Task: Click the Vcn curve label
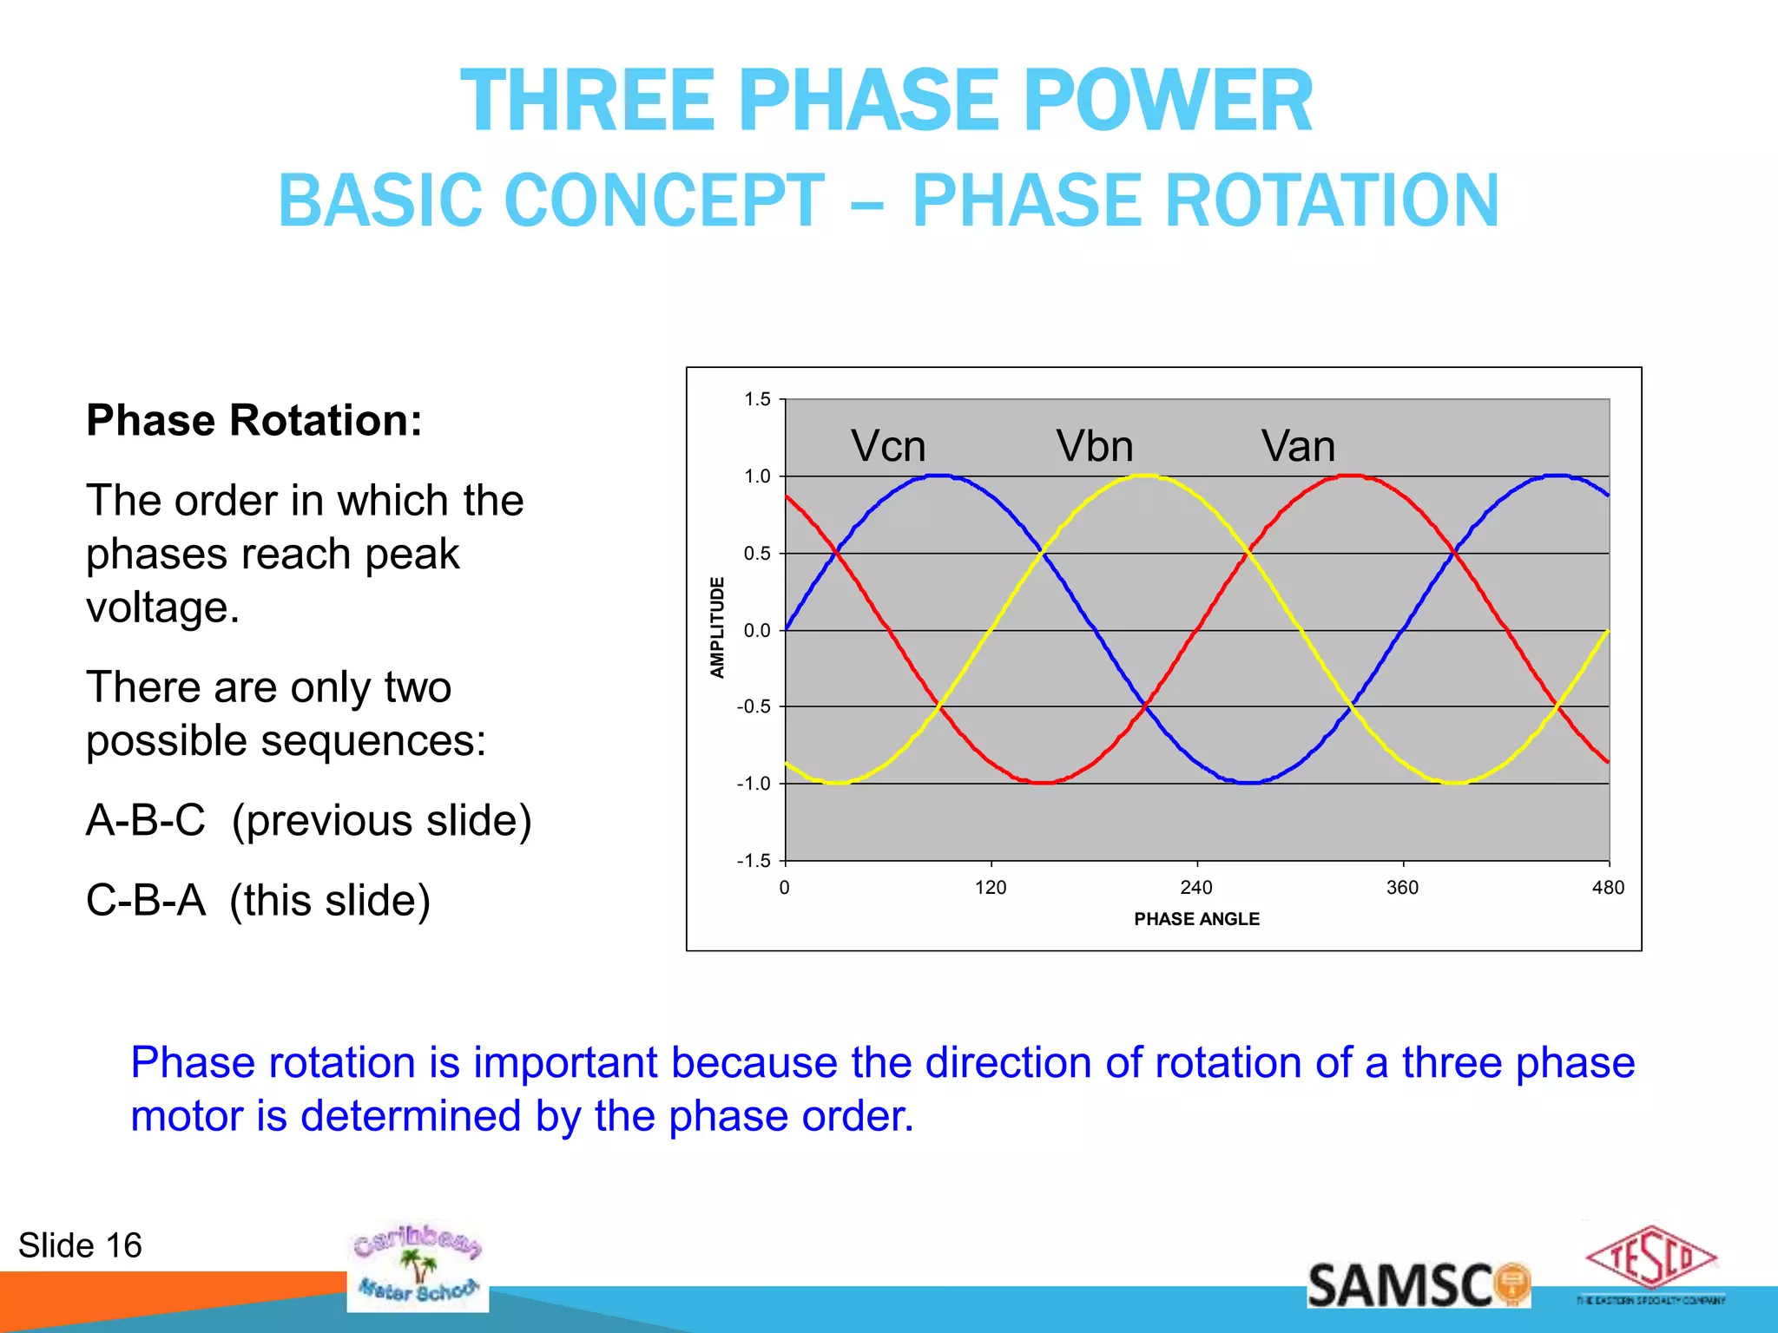pyautogui.click(x=887, y=447)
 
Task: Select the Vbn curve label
pyautogui.click(x=1094, y=447)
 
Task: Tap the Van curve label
pyautogui.click(x=1298, y=447)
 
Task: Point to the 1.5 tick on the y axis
pyautogui.click(x=757, y=399)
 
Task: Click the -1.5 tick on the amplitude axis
pyautogui.click(x=754, y=861)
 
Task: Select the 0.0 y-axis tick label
pyautogui.click(x=757, y=631)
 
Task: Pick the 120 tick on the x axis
pyautogui.click(x=991, y=888)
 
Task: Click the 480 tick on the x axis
pyautogui.click(x=1608, y=888)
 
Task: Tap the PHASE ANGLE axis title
pyautogui.click(x=1196, y=919)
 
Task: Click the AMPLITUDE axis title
pyautogui.click(x=717, y=627)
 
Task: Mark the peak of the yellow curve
pyautogui.click(x=1146, y=476)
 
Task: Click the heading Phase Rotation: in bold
pyautogui.click(x=254, y=421)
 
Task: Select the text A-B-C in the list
pyautogui.click(x=146, y=820)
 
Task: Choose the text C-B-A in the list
pyautogui.click(x=146, y=900)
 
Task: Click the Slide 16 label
pyautogui.click(x=80, y=1245)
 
